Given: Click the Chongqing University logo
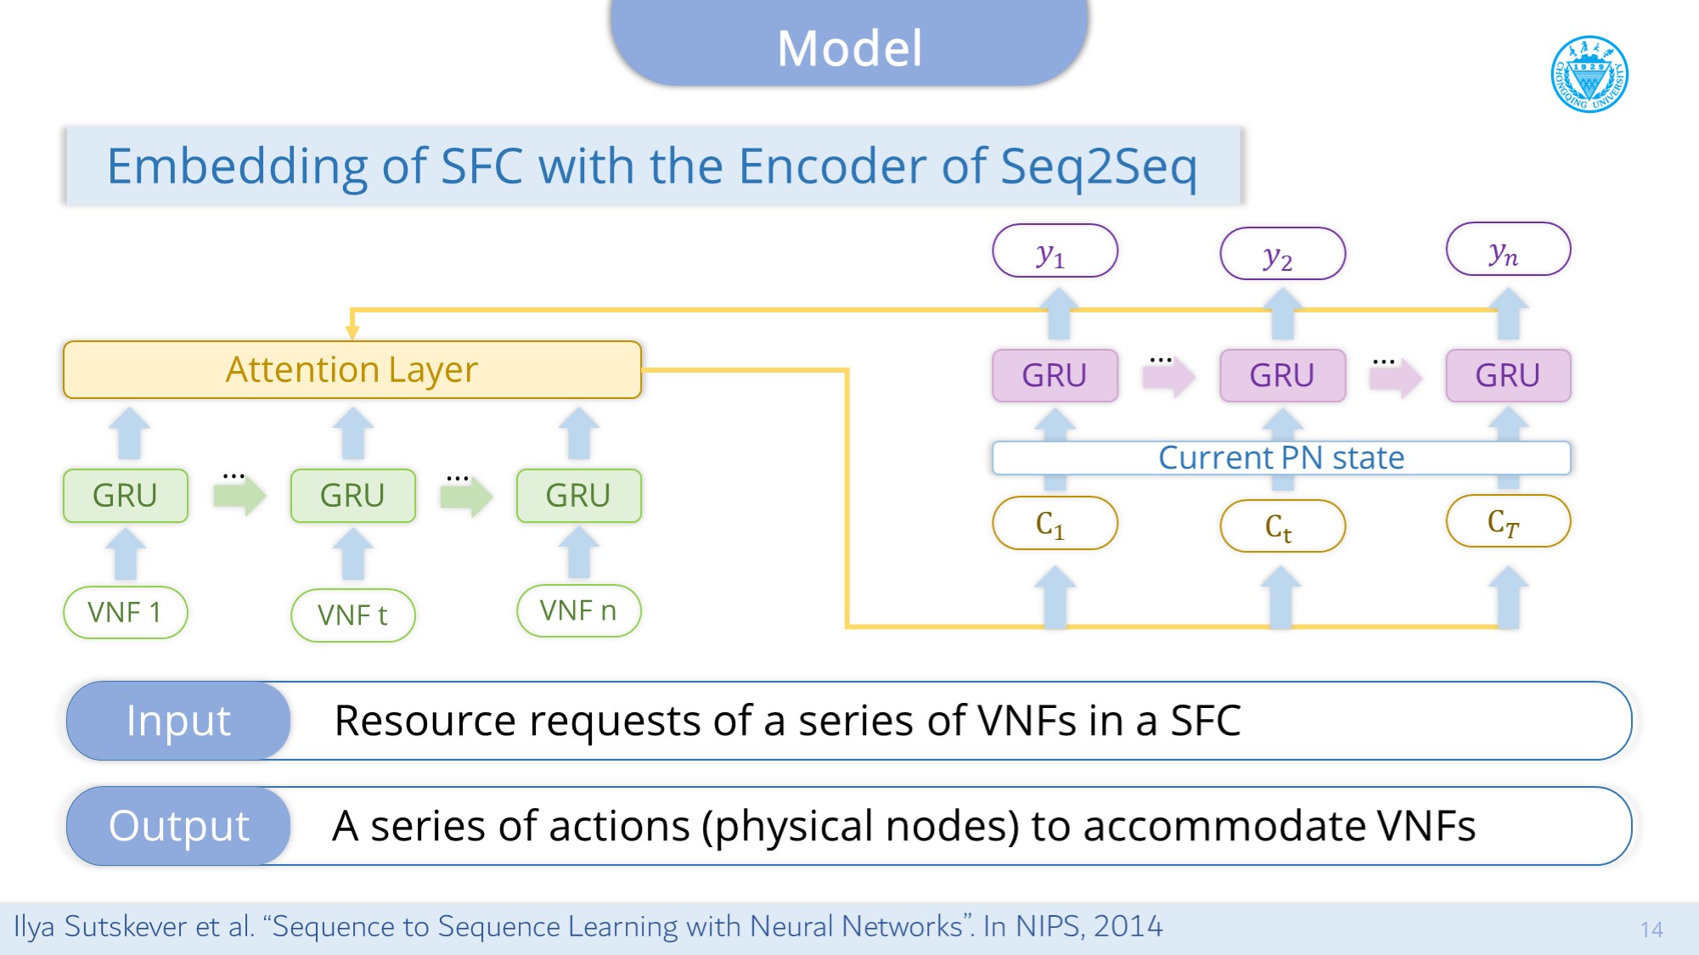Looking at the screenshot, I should click(x=1589, y=74).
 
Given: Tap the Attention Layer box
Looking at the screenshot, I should click(x=352, y=370).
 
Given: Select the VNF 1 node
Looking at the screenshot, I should click(x=125, y=612).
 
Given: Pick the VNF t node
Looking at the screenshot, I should click(x=352, y=615).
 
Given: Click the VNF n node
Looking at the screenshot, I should click(x=578, y=610).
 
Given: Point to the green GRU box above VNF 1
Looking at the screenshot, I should click(x=125, y=495).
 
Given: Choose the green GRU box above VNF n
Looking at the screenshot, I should click(x=578, y=495).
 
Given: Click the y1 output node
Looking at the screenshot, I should click(x=1055, y=251).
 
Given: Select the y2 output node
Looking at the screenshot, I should click(x=1282, y=254).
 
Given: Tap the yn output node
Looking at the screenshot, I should click(x=1508, y=250).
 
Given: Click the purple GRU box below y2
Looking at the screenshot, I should click(x=1282, y=375).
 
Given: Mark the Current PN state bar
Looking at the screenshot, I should click(x=1281, y=458).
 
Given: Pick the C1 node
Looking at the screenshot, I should click(x=1055, y=524).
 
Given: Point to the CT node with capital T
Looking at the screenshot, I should click(x=1508, y=521).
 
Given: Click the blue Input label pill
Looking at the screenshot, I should click(x=178, y=721).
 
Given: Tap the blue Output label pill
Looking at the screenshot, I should click(x=178, y=826).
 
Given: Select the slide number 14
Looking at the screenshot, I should click(x=1651, y=930).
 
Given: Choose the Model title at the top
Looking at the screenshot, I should click(x=849, y=48).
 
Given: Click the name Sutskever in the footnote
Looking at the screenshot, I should click(x=126, y=926).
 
